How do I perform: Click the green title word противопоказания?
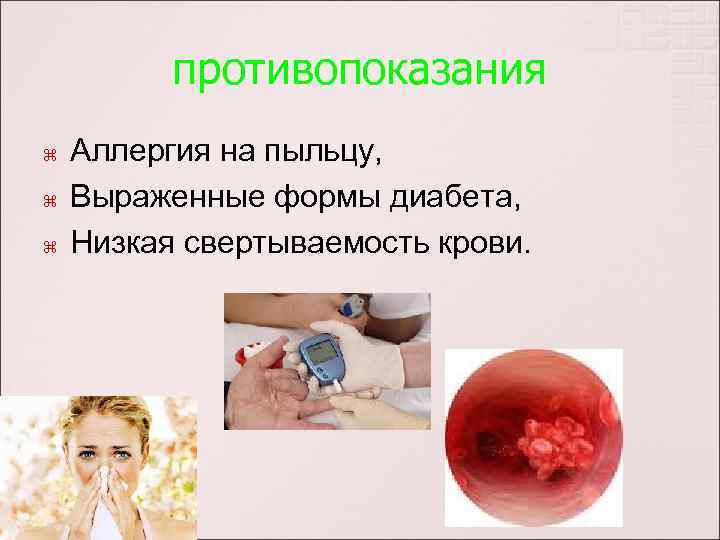tap(359, 71)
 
